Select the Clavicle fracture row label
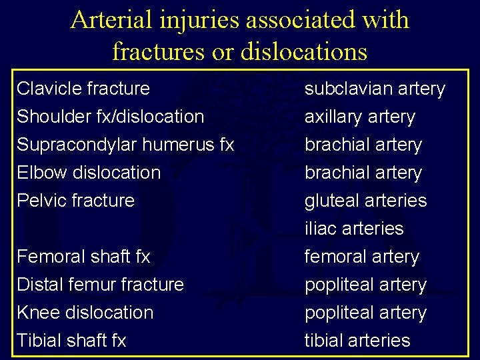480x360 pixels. (x=83, y=88)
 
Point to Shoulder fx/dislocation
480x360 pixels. (x=110, y=116)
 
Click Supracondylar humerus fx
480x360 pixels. (x=125, y=144)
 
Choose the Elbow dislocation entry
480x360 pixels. (x=89, y=172)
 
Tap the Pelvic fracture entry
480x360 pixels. (x=75, y=200)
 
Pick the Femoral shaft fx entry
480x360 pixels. (x=83, y=256)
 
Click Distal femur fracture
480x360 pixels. (x=100, y=284)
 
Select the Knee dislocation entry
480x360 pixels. (x=85, y=312)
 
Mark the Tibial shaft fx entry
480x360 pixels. (x=71, y=340)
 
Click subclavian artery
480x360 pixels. (x=375, y=89)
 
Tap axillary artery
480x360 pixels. (x=360, y=117)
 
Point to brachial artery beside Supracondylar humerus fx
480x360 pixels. (x=363, y=145)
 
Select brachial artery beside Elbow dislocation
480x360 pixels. (x=363, y=173)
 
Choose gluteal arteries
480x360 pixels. (x=365, y=201)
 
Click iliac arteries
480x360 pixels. (x=354, y=229)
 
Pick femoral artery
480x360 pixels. (x=362, y=257)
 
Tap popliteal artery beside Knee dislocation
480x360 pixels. (x=365, y=313)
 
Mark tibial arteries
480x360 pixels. (x=357, y=341)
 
